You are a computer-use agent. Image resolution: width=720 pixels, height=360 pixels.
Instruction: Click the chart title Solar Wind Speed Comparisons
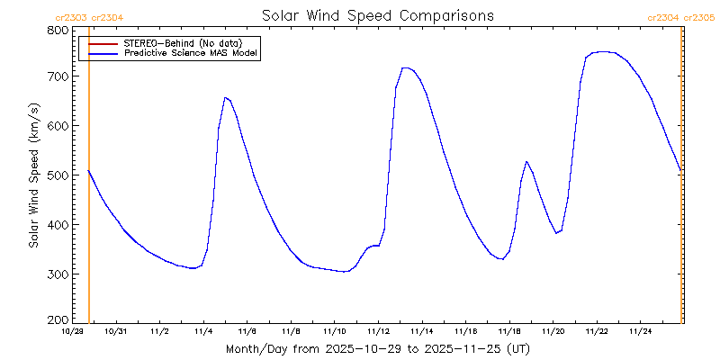(x=377, y=16)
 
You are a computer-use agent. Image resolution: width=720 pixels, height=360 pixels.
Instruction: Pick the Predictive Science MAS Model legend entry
(x=191, y=54)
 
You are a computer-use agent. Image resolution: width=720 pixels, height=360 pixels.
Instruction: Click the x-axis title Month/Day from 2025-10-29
(x=377, y=348)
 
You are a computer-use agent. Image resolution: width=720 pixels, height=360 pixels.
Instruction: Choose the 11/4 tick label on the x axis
(x=203, y=331)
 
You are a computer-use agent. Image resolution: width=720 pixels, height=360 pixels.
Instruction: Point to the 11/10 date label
(x=335, y=331)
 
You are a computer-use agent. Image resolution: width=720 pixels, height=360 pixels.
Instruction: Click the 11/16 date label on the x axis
(x=465, y=331)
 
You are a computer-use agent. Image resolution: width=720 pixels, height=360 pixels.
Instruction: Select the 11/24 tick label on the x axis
(x=640, y=331)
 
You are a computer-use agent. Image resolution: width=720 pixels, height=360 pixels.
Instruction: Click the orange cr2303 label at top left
(x=71, y=17)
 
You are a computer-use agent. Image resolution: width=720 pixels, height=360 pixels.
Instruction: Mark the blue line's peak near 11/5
(x=225, y=97)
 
